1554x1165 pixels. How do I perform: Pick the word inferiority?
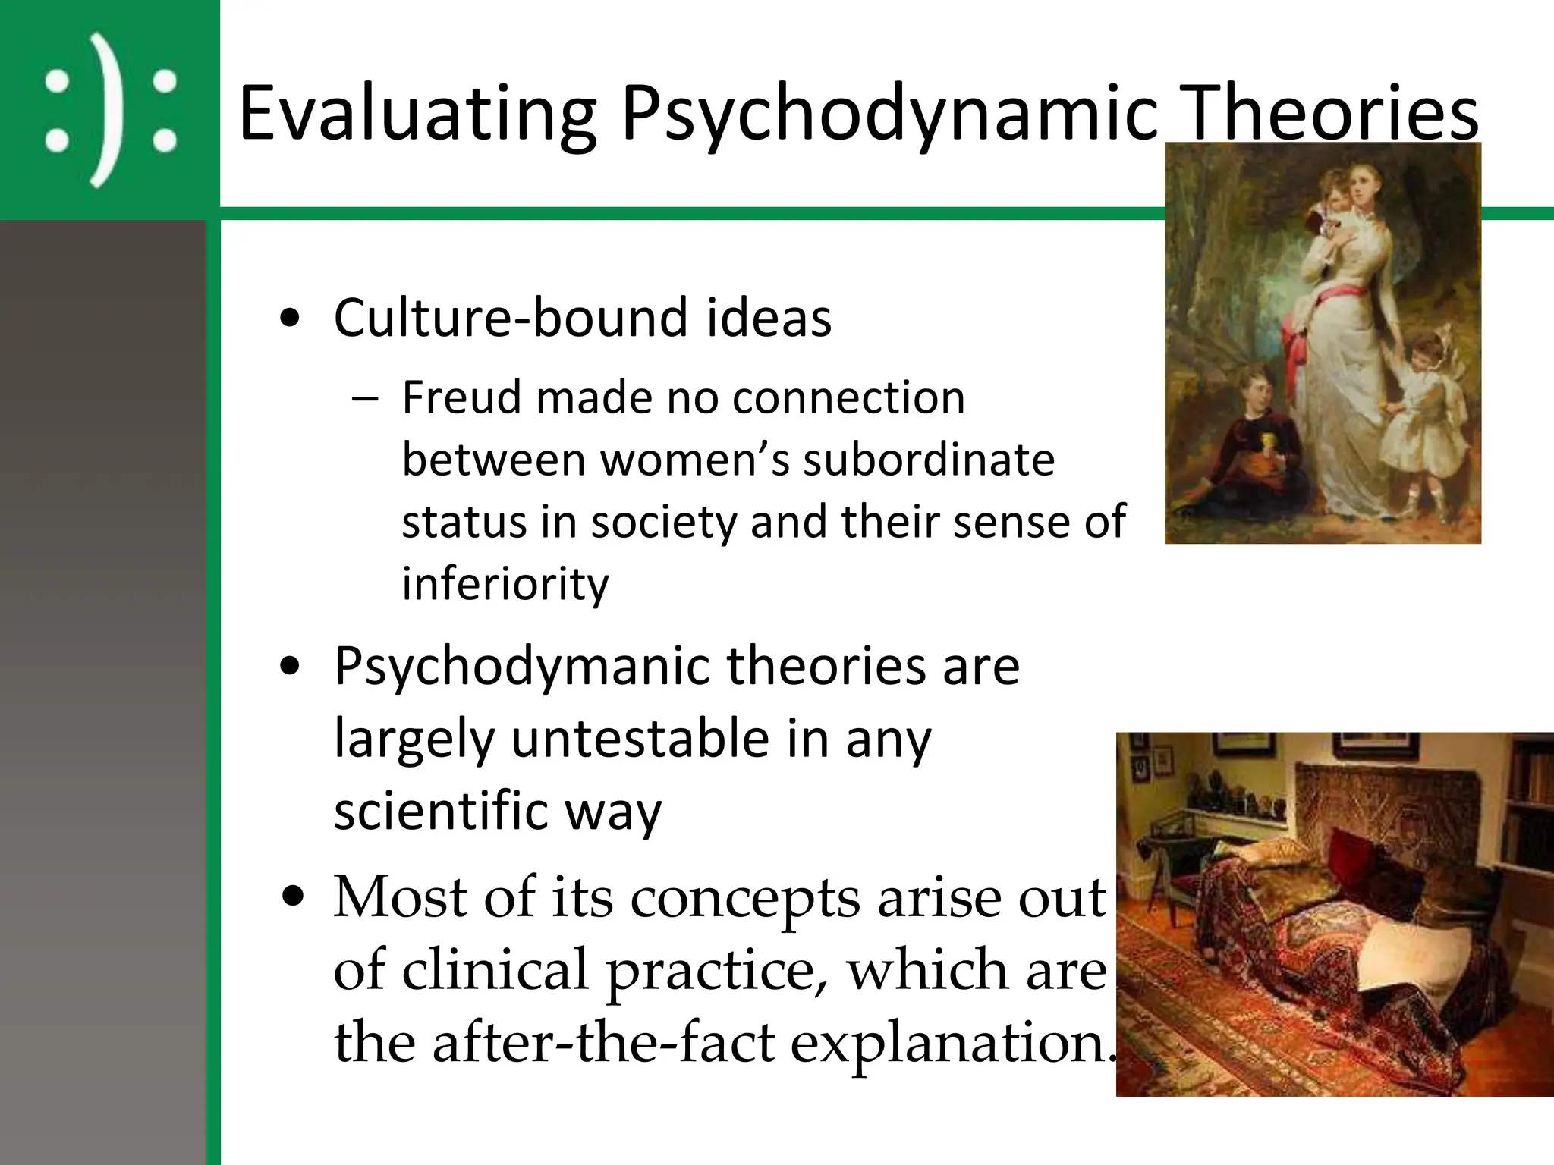click(x=505, y=584)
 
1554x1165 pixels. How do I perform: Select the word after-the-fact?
click(x=604, y=1042)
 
